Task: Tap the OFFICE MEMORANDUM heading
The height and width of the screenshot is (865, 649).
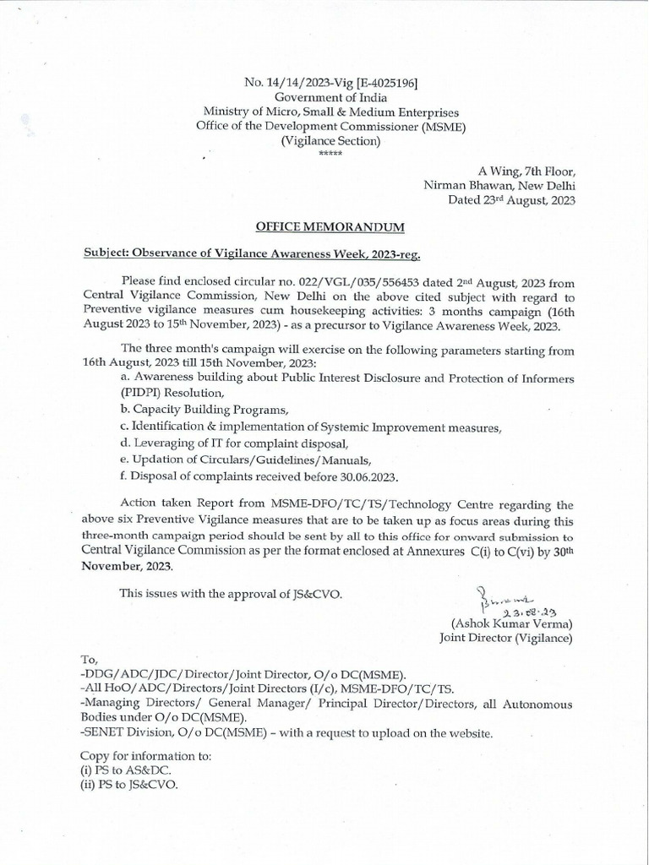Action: pos(330,226)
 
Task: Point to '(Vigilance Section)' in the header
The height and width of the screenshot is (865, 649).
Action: pos(331,142)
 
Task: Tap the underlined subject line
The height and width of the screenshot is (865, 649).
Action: pos(251,253)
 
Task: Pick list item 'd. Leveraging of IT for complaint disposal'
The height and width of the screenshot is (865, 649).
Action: pos(234,443)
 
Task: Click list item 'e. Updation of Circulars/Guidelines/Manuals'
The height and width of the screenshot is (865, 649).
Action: pos(246,460)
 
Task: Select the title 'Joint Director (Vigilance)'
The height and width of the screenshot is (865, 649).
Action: pos(505,639)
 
